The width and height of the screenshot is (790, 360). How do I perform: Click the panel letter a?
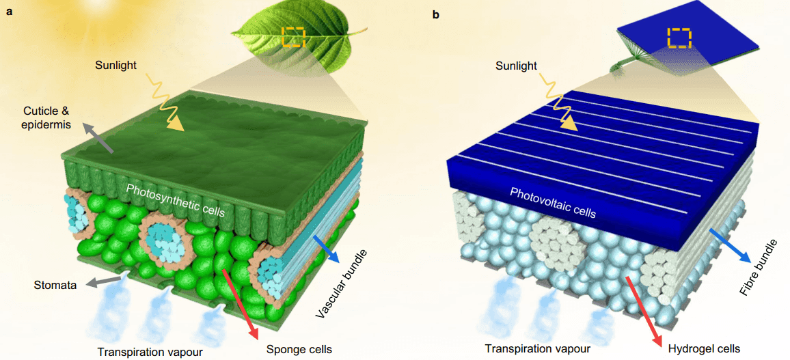9,13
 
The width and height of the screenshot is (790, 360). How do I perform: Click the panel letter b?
436,13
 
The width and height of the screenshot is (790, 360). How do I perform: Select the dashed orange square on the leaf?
292,37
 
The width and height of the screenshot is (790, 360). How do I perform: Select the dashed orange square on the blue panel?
679,38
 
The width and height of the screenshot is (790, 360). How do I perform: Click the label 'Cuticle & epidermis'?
47,118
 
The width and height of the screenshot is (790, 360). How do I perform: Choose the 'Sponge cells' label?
294,348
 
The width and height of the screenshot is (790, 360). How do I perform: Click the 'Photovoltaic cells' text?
553,202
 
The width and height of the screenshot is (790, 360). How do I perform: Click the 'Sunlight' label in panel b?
517,66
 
